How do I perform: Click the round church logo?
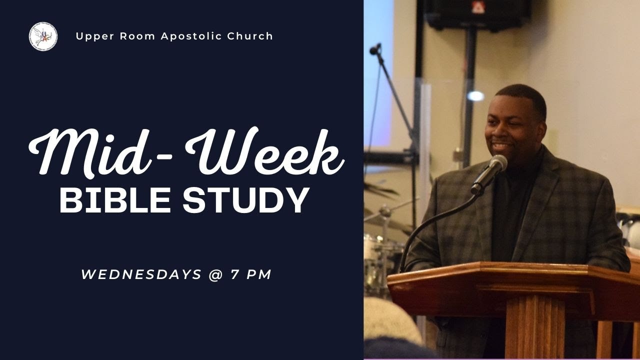43,36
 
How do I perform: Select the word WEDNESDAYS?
141,274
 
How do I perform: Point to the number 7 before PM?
234,274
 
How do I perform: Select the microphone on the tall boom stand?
374,48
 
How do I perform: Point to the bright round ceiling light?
476,96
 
